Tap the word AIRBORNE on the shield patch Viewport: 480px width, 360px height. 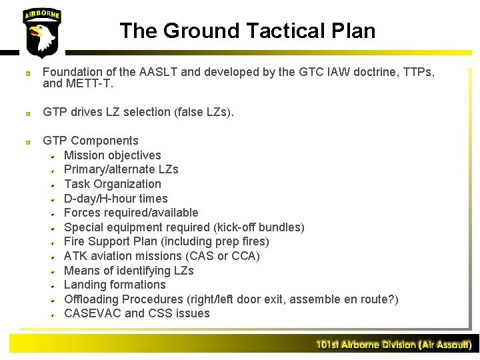click(41, 15)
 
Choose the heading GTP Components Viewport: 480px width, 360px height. click(91, 141)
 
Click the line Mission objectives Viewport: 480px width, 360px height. click(112, 155)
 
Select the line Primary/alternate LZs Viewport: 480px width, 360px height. click(121, 169)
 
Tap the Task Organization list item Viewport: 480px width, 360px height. click(112, 184)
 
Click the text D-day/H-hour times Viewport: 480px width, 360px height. click(115, 199)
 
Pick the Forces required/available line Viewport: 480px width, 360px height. click(131, 213)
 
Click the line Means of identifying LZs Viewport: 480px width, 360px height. click(129, 271)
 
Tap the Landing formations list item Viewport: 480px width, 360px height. click(115, 285)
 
